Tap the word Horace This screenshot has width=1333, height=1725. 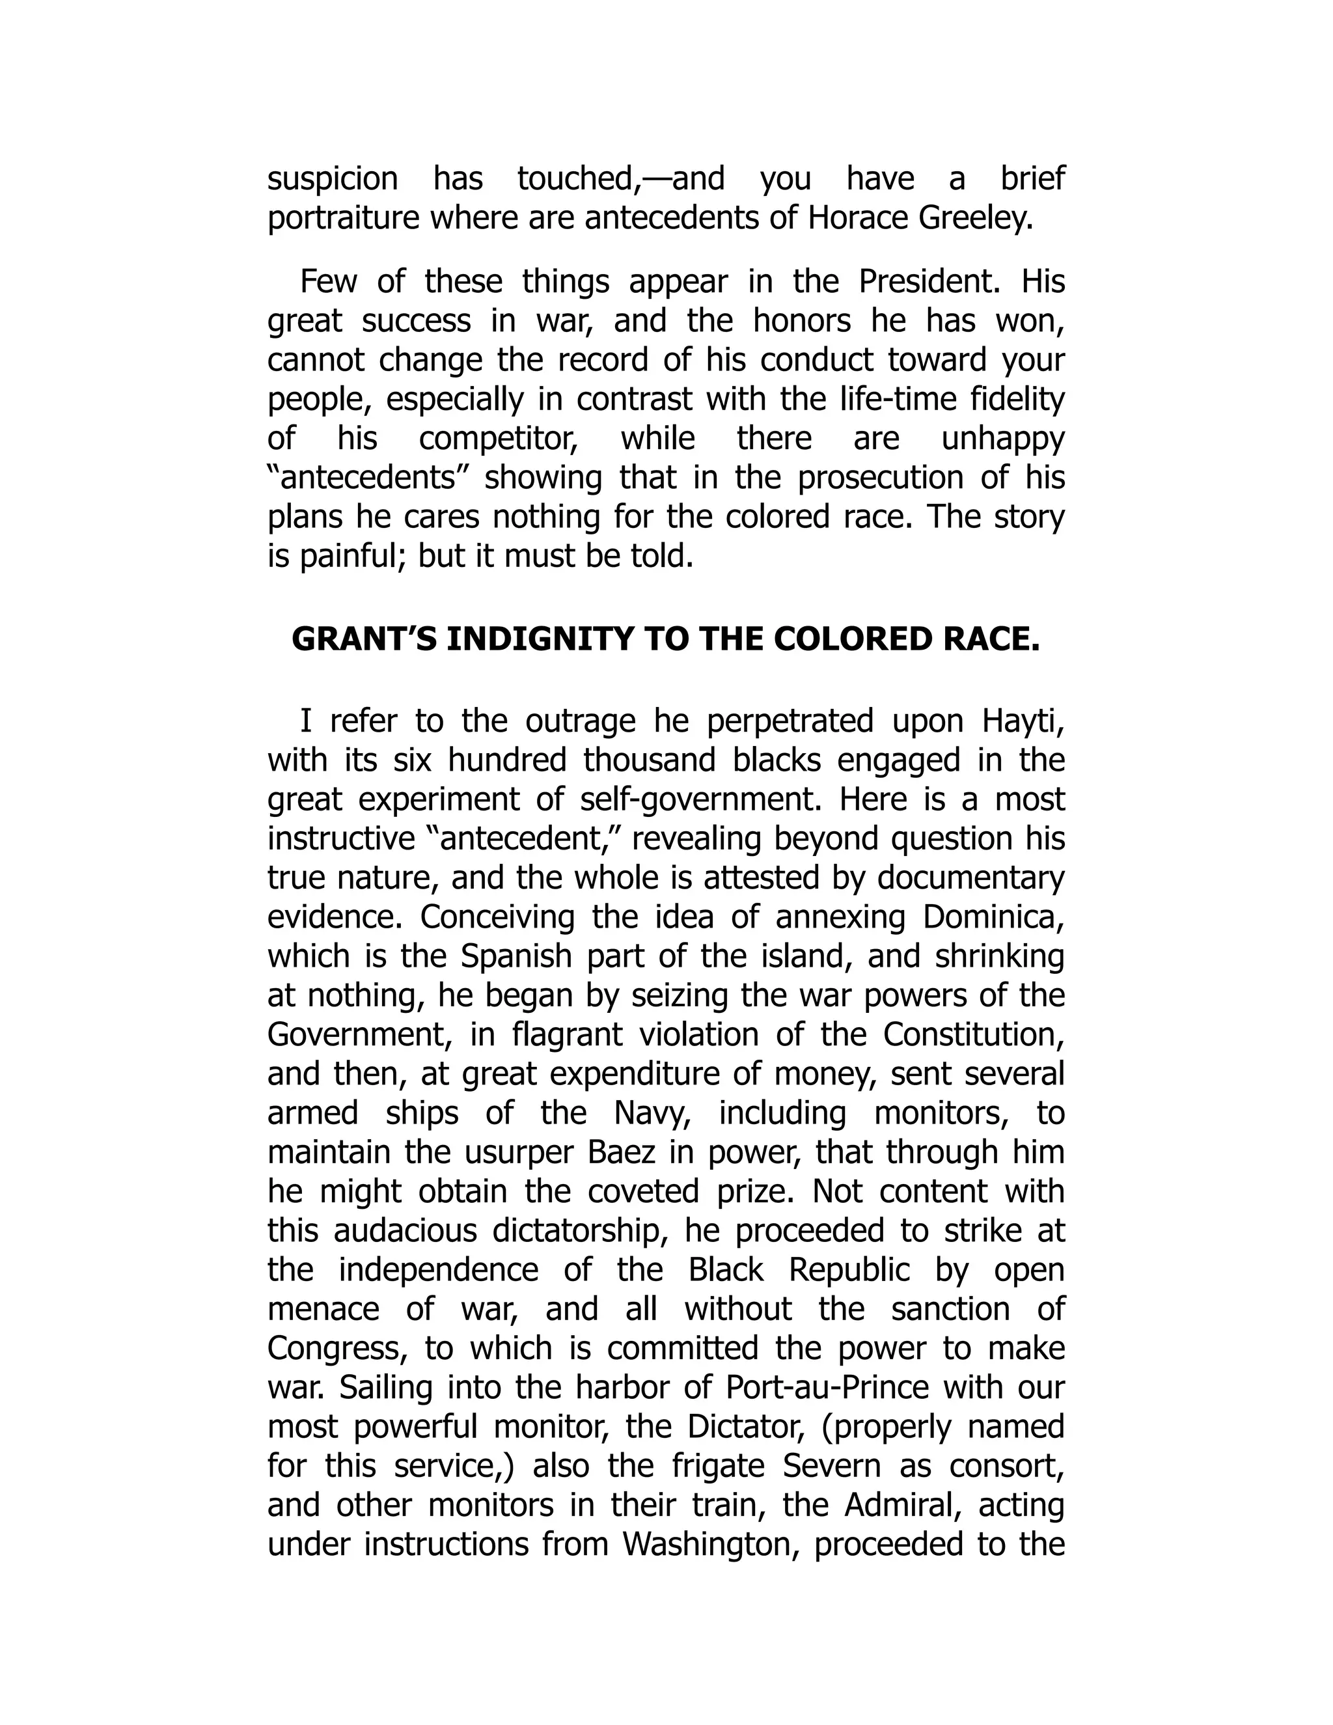coord(856,218)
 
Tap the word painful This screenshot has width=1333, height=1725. coord(352,556)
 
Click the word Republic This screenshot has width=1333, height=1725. coord(849,1270)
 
